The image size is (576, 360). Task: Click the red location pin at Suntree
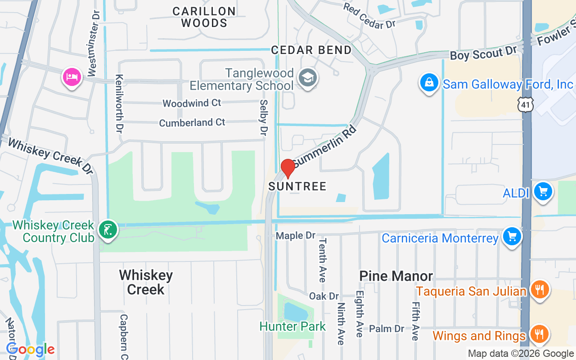coord(288,169)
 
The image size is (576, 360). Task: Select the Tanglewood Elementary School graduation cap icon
coord(308,78)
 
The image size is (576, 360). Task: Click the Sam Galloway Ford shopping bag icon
coord(429,83)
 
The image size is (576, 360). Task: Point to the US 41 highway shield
coord(525,104)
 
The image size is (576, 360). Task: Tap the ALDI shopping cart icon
coord(543,192)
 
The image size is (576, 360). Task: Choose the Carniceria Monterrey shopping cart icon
coord(512,236)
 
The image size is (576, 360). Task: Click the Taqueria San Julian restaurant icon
coord(539,289)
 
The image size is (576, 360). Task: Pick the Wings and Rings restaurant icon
coord(539,334)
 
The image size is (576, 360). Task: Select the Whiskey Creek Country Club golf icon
coord(108,230)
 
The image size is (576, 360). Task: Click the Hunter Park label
coord(292,326)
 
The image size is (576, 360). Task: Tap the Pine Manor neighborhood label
coord(396,276)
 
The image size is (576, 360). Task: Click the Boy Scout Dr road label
coord(484,54)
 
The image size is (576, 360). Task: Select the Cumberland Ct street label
coord(192,122)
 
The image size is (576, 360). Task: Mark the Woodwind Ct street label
coord(192,103)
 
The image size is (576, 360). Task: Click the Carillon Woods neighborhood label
coord(204,17)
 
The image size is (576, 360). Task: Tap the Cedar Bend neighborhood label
coord(311,50)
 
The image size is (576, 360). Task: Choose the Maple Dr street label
coord(296,235)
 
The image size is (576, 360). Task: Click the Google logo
coord(30,349)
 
